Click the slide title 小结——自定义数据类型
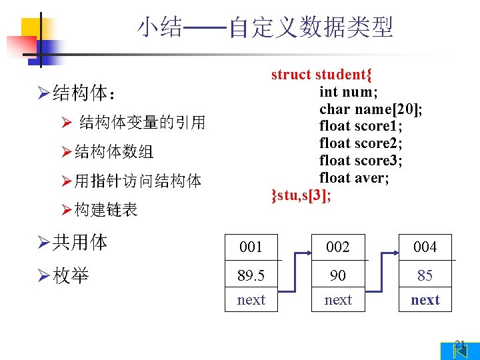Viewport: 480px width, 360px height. point(265,28)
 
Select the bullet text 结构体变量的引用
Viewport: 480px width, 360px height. point(142,123)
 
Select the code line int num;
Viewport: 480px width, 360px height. point(349,92)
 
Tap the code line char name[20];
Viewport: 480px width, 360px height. point(371,109)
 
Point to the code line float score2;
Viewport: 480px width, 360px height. point(361,143)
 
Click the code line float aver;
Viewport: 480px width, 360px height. point(353,178)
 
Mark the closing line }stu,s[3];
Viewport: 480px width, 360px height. point(301,195)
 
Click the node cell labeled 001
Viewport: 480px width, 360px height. point(251,247)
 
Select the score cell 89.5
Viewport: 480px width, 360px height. point(251,275)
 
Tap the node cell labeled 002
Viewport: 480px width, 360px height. point(338,247)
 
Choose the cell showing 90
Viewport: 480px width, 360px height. point(338,275)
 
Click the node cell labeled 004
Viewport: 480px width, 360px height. point(425,247)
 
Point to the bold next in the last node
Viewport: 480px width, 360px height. point(425,300)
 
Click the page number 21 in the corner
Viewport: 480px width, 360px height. point(459,345)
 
